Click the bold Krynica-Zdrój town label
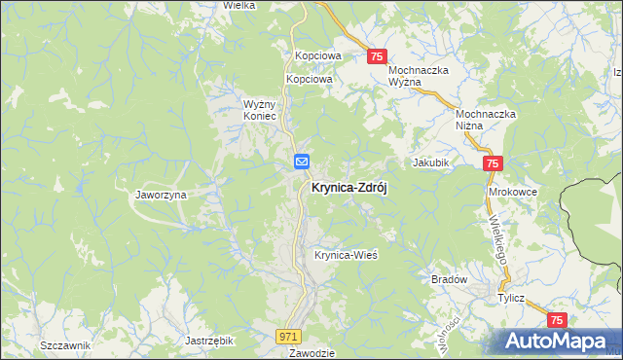click(x=348, y=189)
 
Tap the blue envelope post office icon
click(x=303, y=162)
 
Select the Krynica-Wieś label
click(x=346, y=255)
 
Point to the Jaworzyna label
click(x=161, y=195)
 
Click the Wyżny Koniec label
click(x=262, y=109)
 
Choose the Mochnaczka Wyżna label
click(x=419, y=77)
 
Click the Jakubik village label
click(x=431, y=162)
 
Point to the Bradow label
click(x=450, y=279)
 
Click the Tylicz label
click(x=512, y=299)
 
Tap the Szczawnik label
click(x=65, y=345)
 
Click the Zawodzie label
click(x=311, y=352)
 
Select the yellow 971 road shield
click(x=287, y=336)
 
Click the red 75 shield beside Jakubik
click(x=493, y=165)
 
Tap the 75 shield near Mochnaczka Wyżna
click(x=379, y=58)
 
